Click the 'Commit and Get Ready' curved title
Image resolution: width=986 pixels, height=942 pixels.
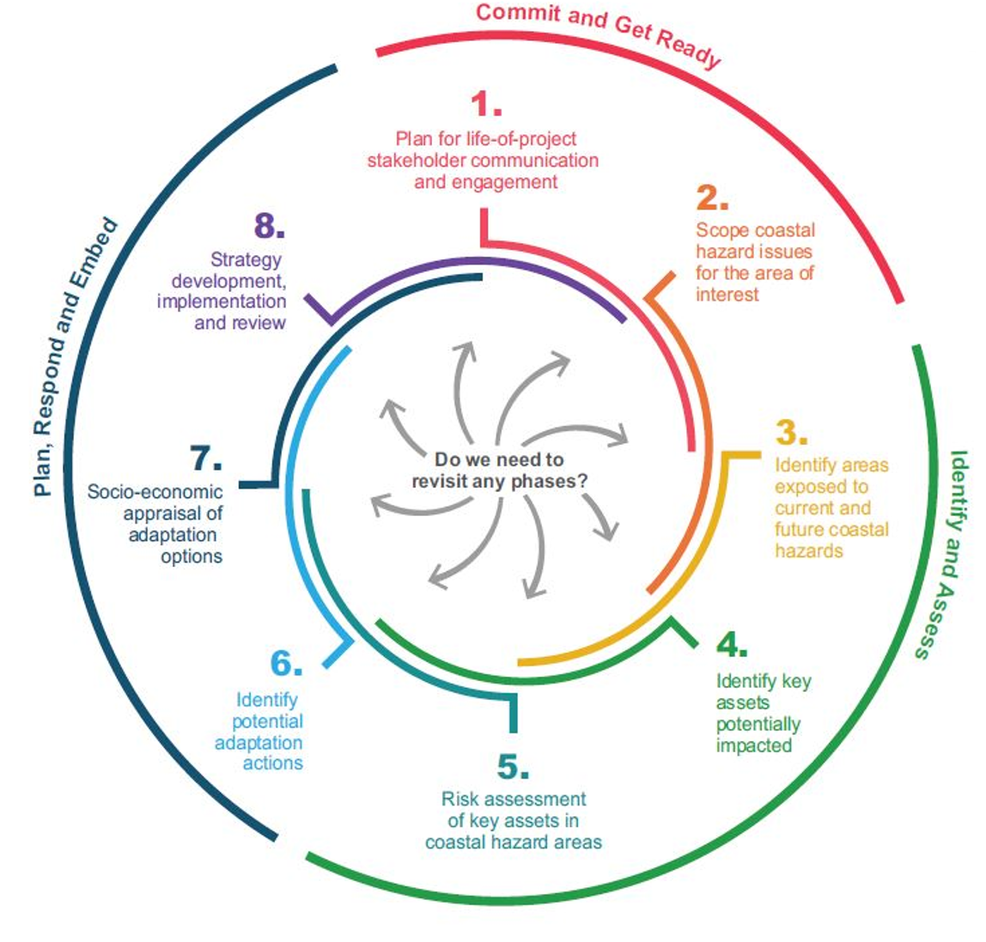[598, 33]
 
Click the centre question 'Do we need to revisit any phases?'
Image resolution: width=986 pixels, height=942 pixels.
[499, 471]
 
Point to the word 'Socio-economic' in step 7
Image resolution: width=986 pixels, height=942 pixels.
[155, 493]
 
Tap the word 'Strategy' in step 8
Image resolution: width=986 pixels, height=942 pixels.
[246, 258]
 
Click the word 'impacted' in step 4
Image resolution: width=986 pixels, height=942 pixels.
[753, 745]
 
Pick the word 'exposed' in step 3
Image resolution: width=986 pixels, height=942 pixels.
[810, 487]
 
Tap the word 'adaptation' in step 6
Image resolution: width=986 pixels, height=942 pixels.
[259, 742]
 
